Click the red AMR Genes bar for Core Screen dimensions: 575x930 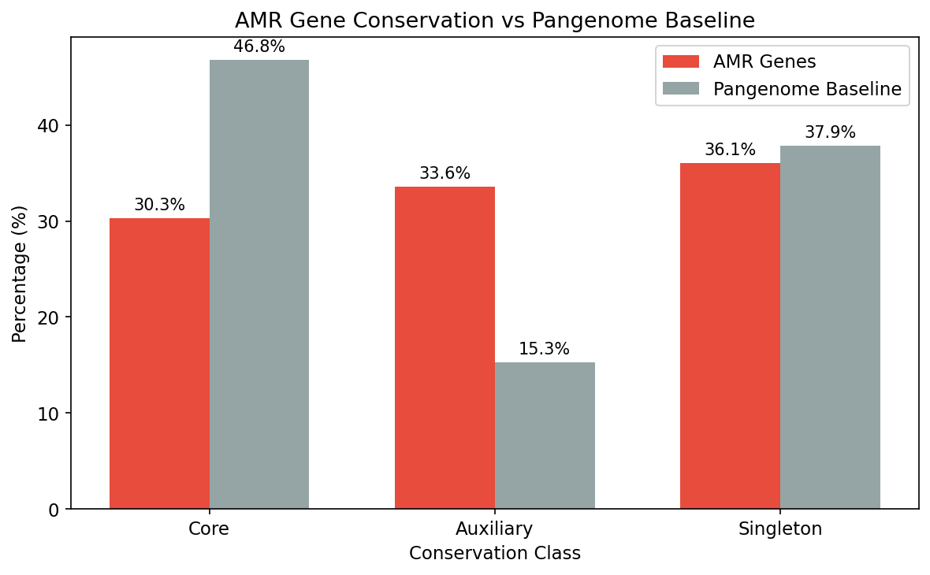159,363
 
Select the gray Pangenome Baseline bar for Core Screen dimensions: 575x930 259,284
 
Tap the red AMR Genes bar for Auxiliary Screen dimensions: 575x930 445,347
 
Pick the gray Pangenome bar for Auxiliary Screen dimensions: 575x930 545,436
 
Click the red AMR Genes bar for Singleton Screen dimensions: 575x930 730,336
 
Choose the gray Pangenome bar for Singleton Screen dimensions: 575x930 830,327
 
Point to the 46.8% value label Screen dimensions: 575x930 259,46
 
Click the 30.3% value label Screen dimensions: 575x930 159,205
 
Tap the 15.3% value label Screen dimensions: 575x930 544,349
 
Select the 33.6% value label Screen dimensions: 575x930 445,173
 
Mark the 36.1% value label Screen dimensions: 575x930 730,150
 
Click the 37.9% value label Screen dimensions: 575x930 830,132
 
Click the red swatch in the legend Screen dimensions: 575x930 681,61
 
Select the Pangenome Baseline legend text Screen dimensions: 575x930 807,89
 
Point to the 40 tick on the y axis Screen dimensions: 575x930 49,126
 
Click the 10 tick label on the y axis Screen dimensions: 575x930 49,414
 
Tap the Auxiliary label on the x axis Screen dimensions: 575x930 494,529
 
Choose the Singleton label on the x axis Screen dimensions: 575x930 780,529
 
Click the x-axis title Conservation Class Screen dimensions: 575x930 495,554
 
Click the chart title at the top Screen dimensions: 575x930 495,20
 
